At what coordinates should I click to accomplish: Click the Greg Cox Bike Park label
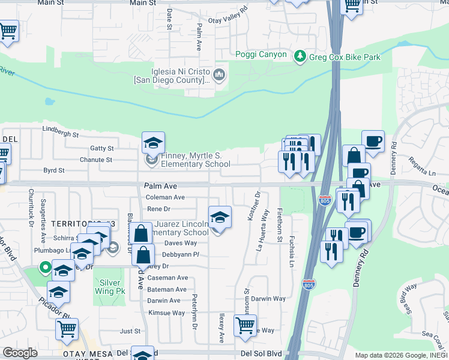click(x=345, y=57)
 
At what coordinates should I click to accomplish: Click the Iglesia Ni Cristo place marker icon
click(x=218, y=75)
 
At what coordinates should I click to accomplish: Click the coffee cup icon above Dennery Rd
click(x=373, y=142)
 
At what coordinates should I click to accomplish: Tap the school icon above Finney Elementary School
click(x=153, y=143)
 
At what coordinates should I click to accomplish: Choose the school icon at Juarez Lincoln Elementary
click(x=220, y=217)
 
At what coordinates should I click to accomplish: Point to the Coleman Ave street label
click(x=166, y=197)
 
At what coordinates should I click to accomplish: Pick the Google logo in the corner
click(x=20, y=353)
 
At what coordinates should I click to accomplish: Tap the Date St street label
click(x=170, y=19)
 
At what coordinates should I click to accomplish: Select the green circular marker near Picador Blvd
click(x=43, y=268)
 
